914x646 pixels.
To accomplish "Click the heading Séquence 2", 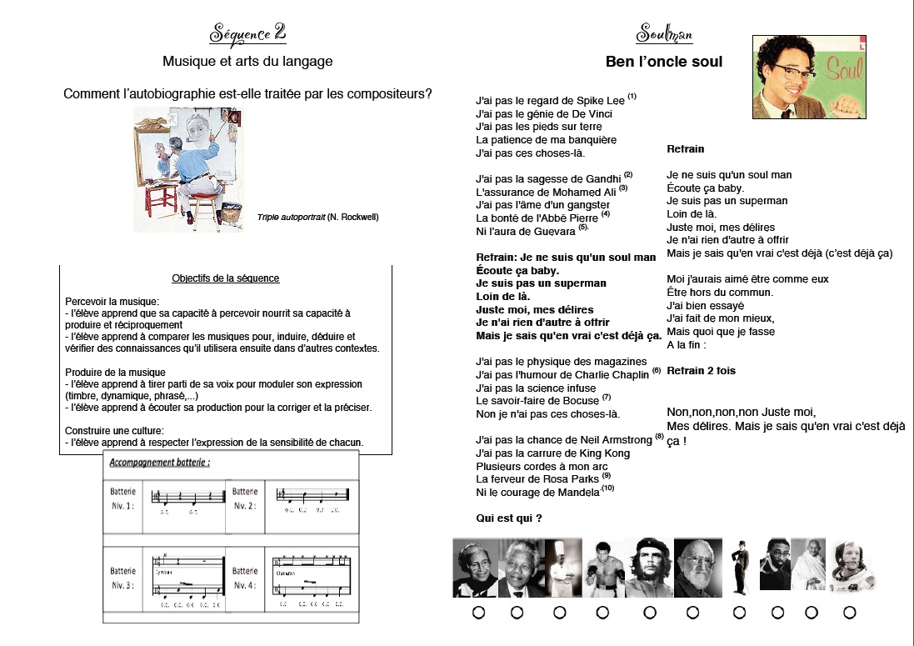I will tap(248, 34).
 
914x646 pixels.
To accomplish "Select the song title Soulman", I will tap(664, 34).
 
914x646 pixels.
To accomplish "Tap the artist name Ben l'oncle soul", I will tap(664, 62).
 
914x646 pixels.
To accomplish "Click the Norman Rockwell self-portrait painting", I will tap(176, 169).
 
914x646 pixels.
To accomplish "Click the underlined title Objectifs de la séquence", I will tap(226, 278).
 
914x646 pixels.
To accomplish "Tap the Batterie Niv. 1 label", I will tap(122, 498).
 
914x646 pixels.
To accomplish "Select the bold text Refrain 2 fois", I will tap(702, 371).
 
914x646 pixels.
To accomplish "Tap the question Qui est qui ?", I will tap(509, 518).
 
